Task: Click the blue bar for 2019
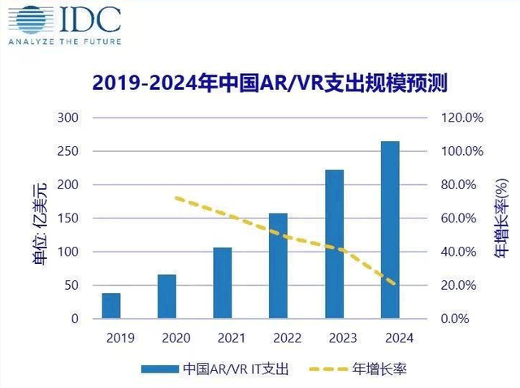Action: coord(111,305)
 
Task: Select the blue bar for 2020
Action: coord(167,296)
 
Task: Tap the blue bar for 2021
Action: coord(223,282)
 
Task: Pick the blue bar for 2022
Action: coord(278,265)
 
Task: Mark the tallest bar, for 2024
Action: coord(390,230)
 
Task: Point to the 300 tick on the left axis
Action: coord(68,118)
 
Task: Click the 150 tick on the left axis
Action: coord(68,218)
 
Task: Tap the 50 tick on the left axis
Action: coord(71,286)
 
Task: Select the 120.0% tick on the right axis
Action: coord(462,118)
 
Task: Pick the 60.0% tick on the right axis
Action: coord(462,218)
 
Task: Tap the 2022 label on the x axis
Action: coord(278,338)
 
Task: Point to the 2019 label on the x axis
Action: coord(111,338)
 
